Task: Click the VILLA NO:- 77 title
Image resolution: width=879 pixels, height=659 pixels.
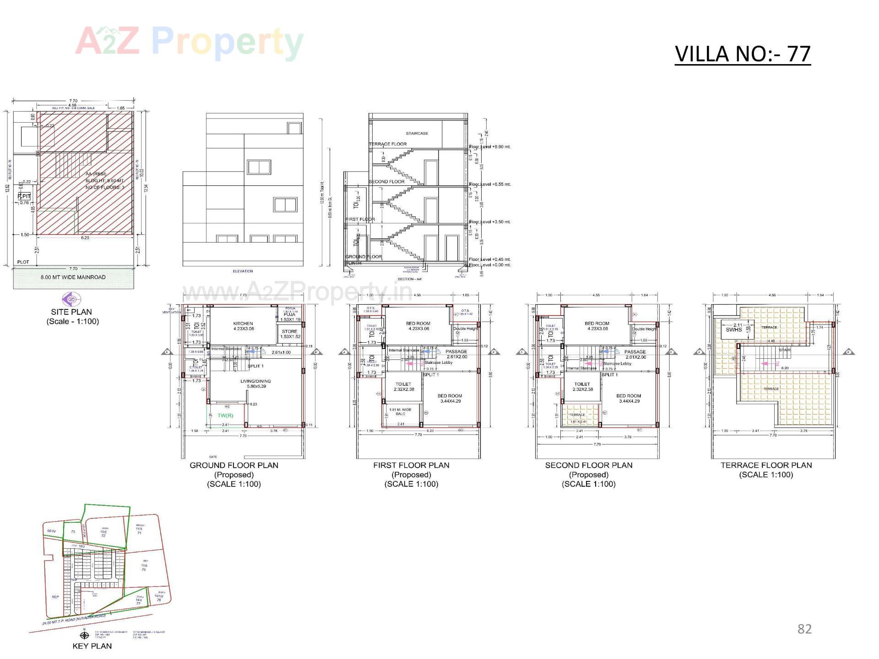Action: [743, 54]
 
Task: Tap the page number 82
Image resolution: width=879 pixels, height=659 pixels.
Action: [804, 629]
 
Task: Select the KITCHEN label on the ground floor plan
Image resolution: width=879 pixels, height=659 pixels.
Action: [243, 324]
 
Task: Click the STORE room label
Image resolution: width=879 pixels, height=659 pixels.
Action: [289, 331]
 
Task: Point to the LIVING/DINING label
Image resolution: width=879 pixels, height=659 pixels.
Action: [255, 381]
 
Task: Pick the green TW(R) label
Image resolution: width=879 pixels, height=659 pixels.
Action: [225, 416]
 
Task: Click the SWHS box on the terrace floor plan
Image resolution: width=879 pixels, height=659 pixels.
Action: [733, 329]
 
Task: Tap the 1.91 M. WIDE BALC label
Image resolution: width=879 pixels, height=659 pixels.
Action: [400, 411]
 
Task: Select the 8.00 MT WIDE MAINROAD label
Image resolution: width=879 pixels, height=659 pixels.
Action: [73, 277]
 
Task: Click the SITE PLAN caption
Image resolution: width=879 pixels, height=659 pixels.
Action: [71, 312]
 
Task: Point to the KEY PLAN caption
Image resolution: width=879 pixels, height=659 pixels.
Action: [92, 646]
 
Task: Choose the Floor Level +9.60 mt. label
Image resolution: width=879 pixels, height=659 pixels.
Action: [490, 147]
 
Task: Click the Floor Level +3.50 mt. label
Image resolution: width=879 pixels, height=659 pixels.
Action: [490, 222]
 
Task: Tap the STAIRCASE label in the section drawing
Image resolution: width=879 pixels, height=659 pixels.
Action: [417, 134]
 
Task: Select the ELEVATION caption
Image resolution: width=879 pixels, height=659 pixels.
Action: [243, 271]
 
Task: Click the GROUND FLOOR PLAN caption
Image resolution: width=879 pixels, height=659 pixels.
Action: [234, 465]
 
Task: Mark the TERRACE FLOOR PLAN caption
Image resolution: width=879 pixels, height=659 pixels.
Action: [766, 465]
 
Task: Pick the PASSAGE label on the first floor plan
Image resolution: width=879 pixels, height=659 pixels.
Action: [456, 351]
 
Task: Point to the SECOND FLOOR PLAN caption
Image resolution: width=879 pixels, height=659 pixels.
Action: [589, 465]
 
